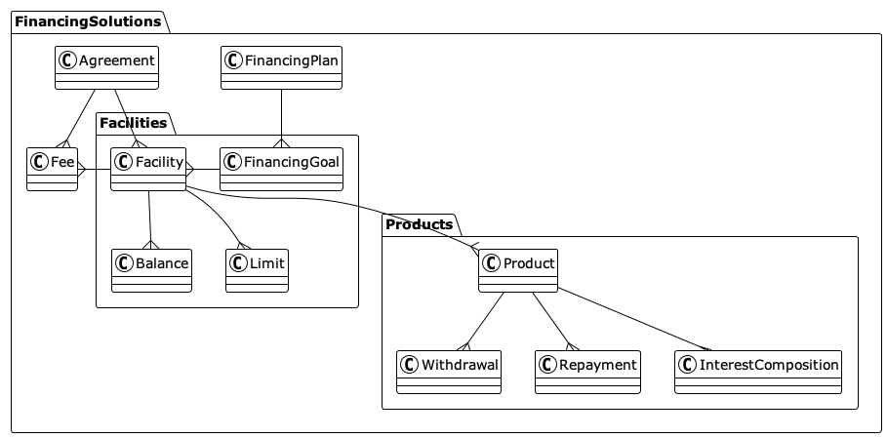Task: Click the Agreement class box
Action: (x=106, y=67)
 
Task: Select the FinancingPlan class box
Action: (x=281, y=67)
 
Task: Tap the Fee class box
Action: (x=53, y=168)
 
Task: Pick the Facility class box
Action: (x=148, y=168)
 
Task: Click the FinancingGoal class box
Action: (x=281, y=168)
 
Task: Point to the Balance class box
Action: (x=151, y=269)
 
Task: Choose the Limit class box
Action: (x=258, y=269)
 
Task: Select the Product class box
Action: (x=517, y=269)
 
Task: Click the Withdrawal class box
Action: (x=449, y=371)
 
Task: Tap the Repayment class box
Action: (x=587, y=371)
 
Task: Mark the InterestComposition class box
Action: (x=757, y=371)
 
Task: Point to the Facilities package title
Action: (x=133, y=122)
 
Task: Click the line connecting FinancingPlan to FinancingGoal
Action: (x=281, y=117)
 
